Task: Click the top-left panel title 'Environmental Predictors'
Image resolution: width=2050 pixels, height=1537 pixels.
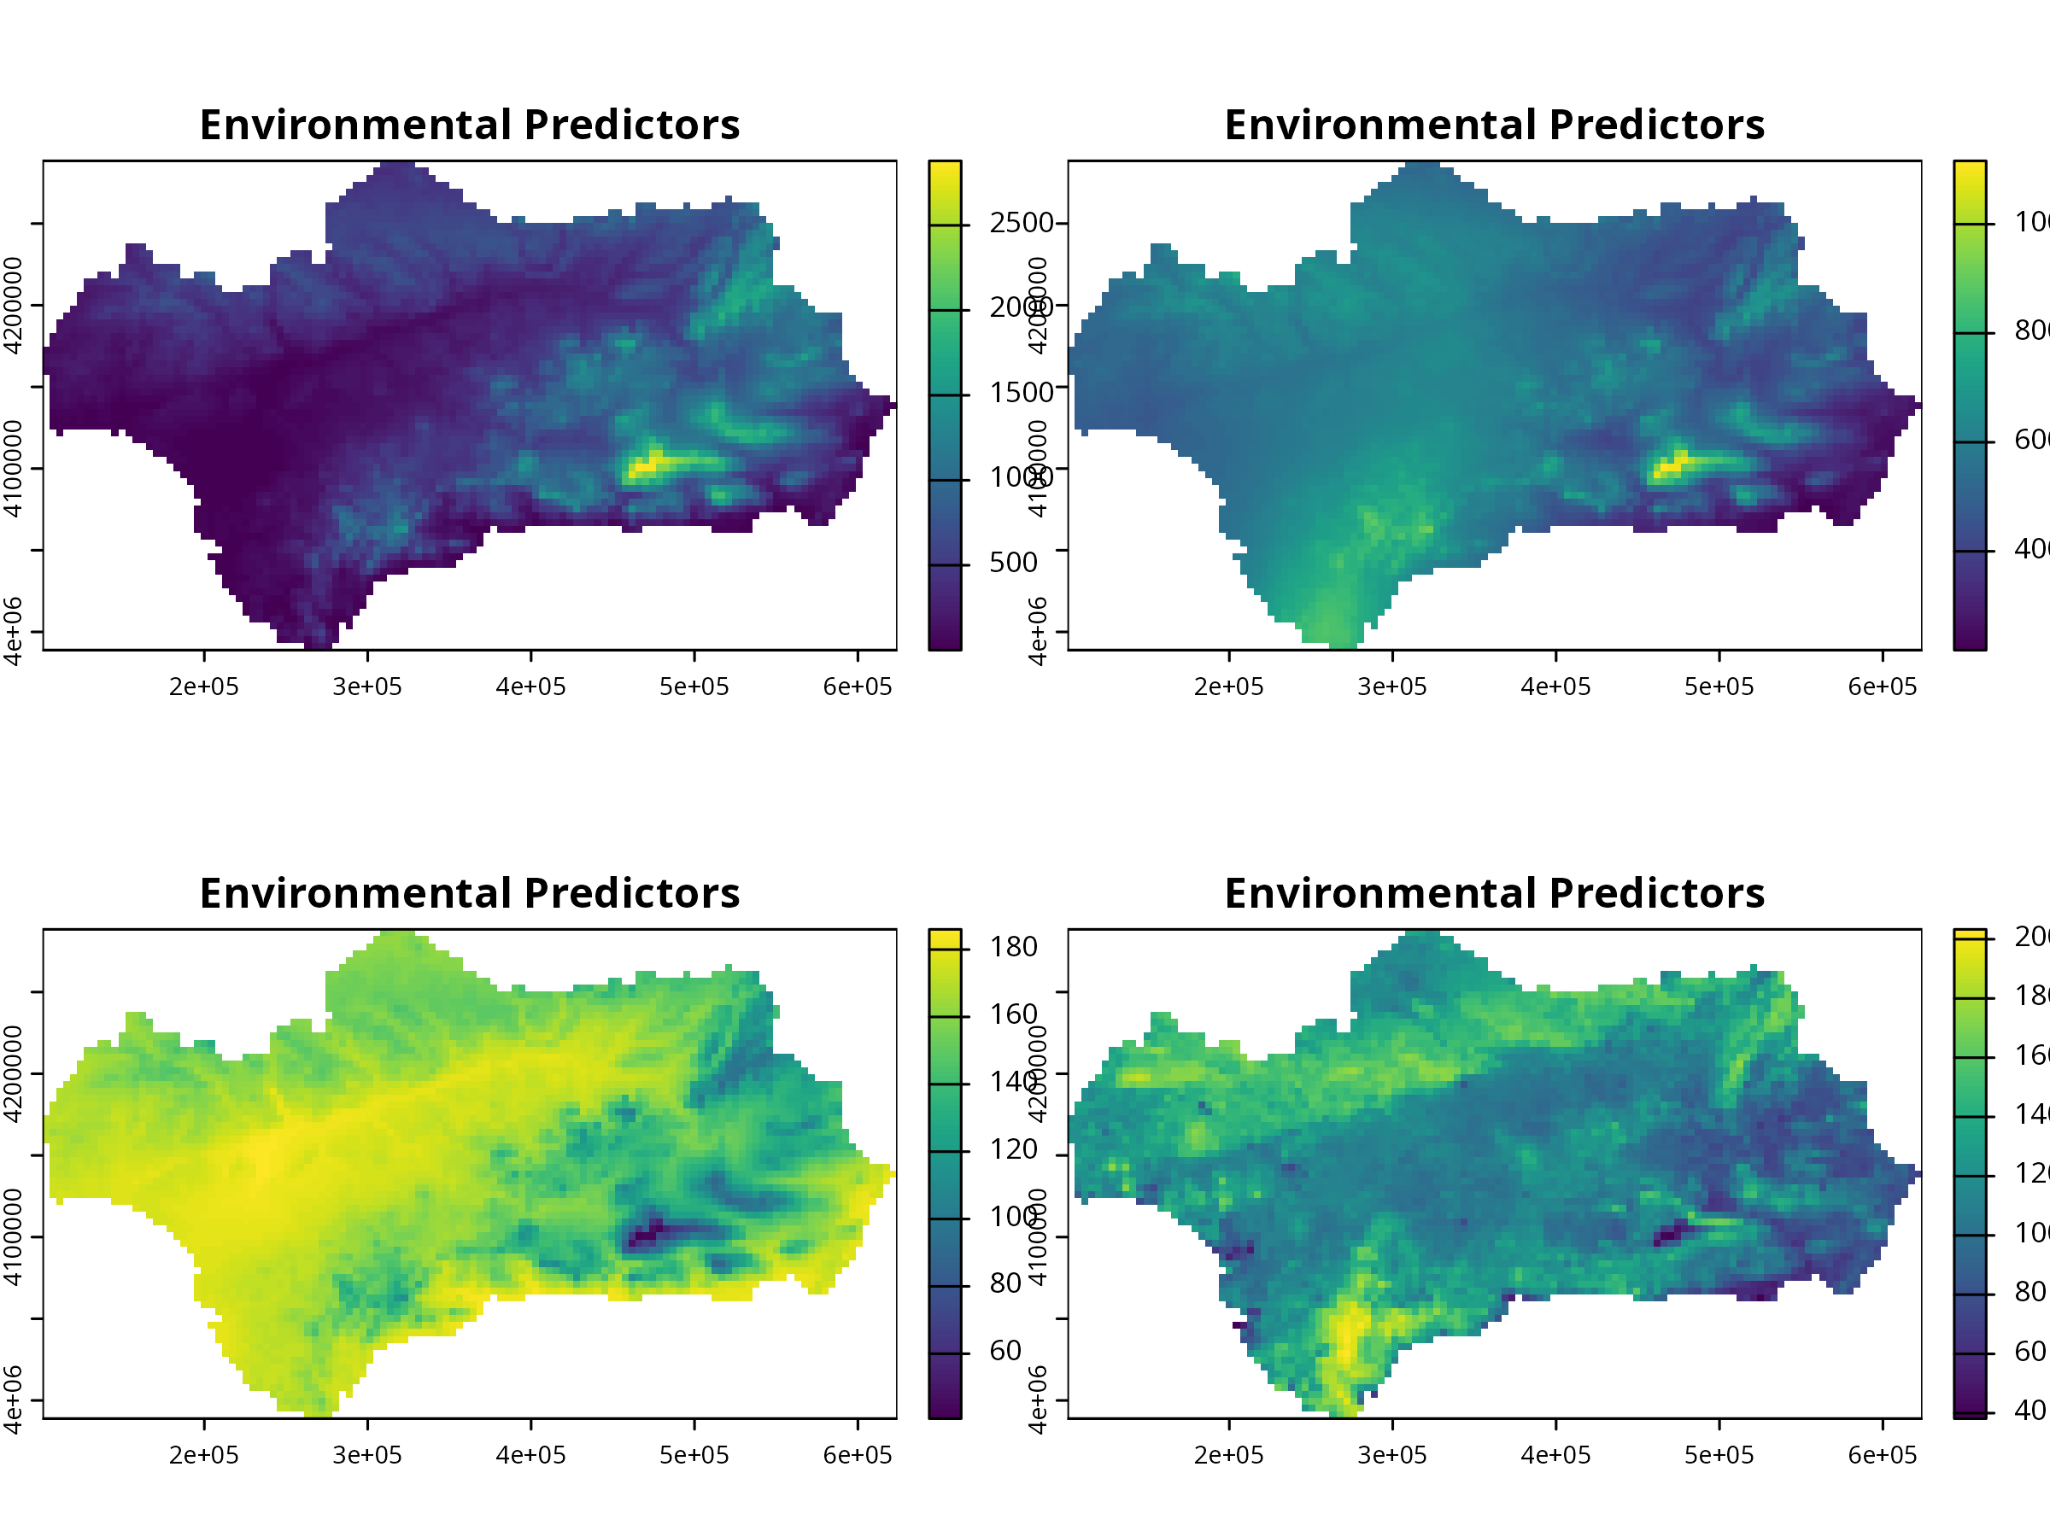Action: pos(469,125)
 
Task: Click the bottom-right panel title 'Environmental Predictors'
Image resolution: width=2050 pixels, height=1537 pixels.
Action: pos(1494,894)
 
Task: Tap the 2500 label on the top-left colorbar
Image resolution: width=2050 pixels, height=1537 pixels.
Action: pos(1022,223)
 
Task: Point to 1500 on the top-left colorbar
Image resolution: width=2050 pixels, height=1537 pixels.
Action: pos(1022,393)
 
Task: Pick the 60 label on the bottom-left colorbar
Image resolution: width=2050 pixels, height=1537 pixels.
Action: pos(1004,1351)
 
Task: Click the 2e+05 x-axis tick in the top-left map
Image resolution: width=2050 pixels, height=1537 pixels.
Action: pos(204,687)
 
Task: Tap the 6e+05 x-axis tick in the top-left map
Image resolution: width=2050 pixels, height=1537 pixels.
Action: pos(858,687)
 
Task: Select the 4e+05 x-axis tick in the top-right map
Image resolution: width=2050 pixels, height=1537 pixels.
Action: pos(1555,687)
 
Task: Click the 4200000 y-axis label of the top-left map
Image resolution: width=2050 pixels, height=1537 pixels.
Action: pos(13,306)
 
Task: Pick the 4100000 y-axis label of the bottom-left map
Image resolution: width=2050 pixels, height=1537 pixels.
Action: pos(13,1238)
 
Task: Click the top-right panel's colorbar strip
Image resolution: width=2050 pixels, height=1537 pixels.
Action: pos(1970,405)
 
